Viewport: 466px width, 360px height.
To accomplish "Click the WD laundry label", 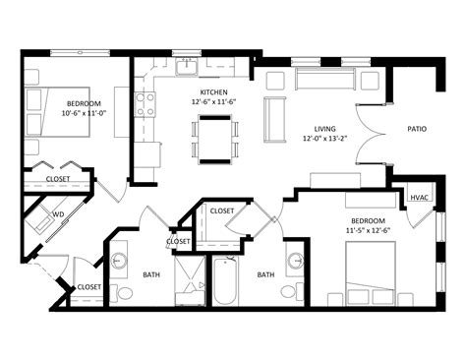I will pos(58,212).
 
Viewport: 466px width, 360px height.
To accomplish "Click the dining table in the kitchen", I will pos(215,138).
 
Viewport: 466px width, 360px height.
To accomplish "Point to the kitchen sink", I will pos(185,68).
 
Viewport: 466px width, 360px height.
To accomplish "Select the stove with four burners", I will pos(146,103).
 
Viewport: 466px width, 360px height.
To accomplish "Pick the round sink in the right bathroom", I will pos(296,262).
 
